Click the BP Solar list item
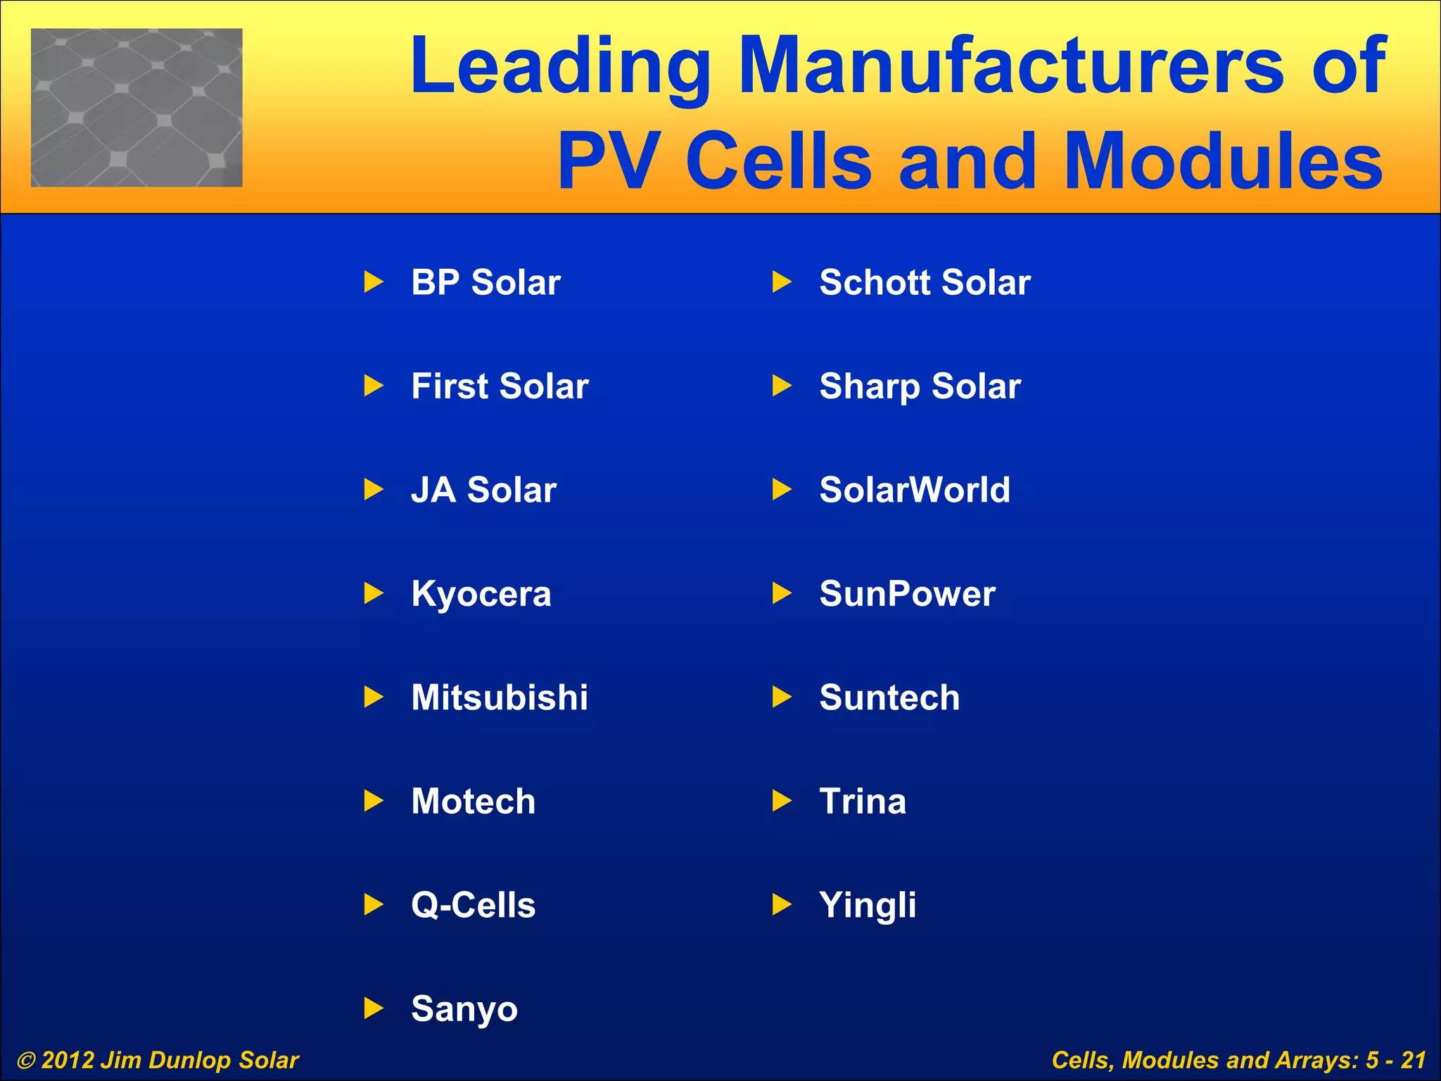(485, 283)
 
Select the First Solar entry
(500, 386)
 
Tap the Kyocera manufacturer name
(481, 594)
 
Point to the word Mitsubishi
(500, 697)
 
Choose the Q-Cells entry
(473, 905)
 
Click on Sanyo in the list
(464, 1009)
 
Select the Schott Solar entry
(925, 283)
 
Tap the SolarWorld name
(915, 491)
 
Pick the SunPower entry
(907, 594)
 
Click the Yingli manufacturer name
(868, 905)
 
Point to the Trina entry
(863, 802)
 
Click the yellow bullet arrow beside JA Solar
(374, 490)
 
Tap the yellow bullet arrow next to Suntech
(782, 697)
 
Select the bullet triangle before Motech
(374, 801)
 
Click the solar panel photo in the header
(137, 108)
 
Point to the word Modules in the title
(1223, 162)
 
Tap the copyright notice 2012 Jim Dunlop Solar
(158, 1060)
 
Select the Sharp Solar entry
(920, 386)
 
